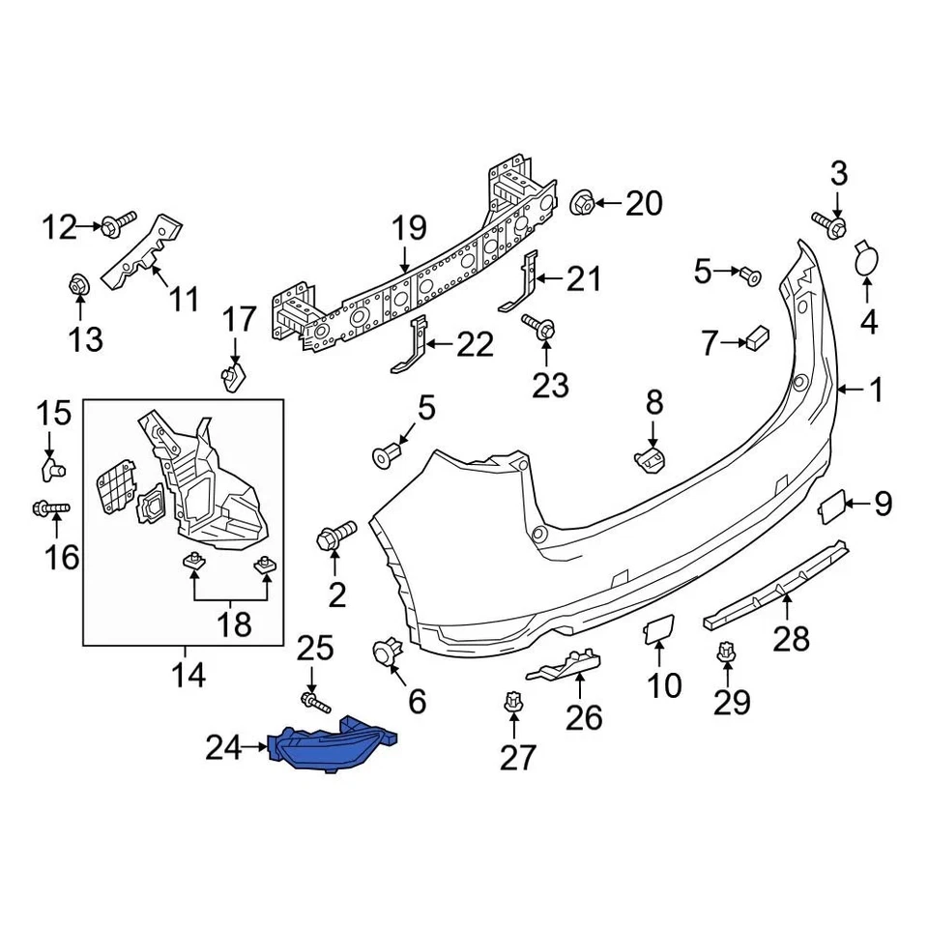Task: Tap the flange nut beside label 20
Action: pos(582,204)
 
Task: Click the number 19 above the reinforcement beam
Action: pos(409,229)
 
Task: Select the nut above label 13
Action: pos(79,286)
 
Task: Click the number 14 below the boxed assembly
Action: pos(188,674)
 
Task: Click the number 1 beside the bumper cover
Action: pos(876,391)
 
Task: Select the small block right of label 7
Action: pos(756,338)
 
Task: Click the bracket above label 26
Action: pos(565,664)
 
